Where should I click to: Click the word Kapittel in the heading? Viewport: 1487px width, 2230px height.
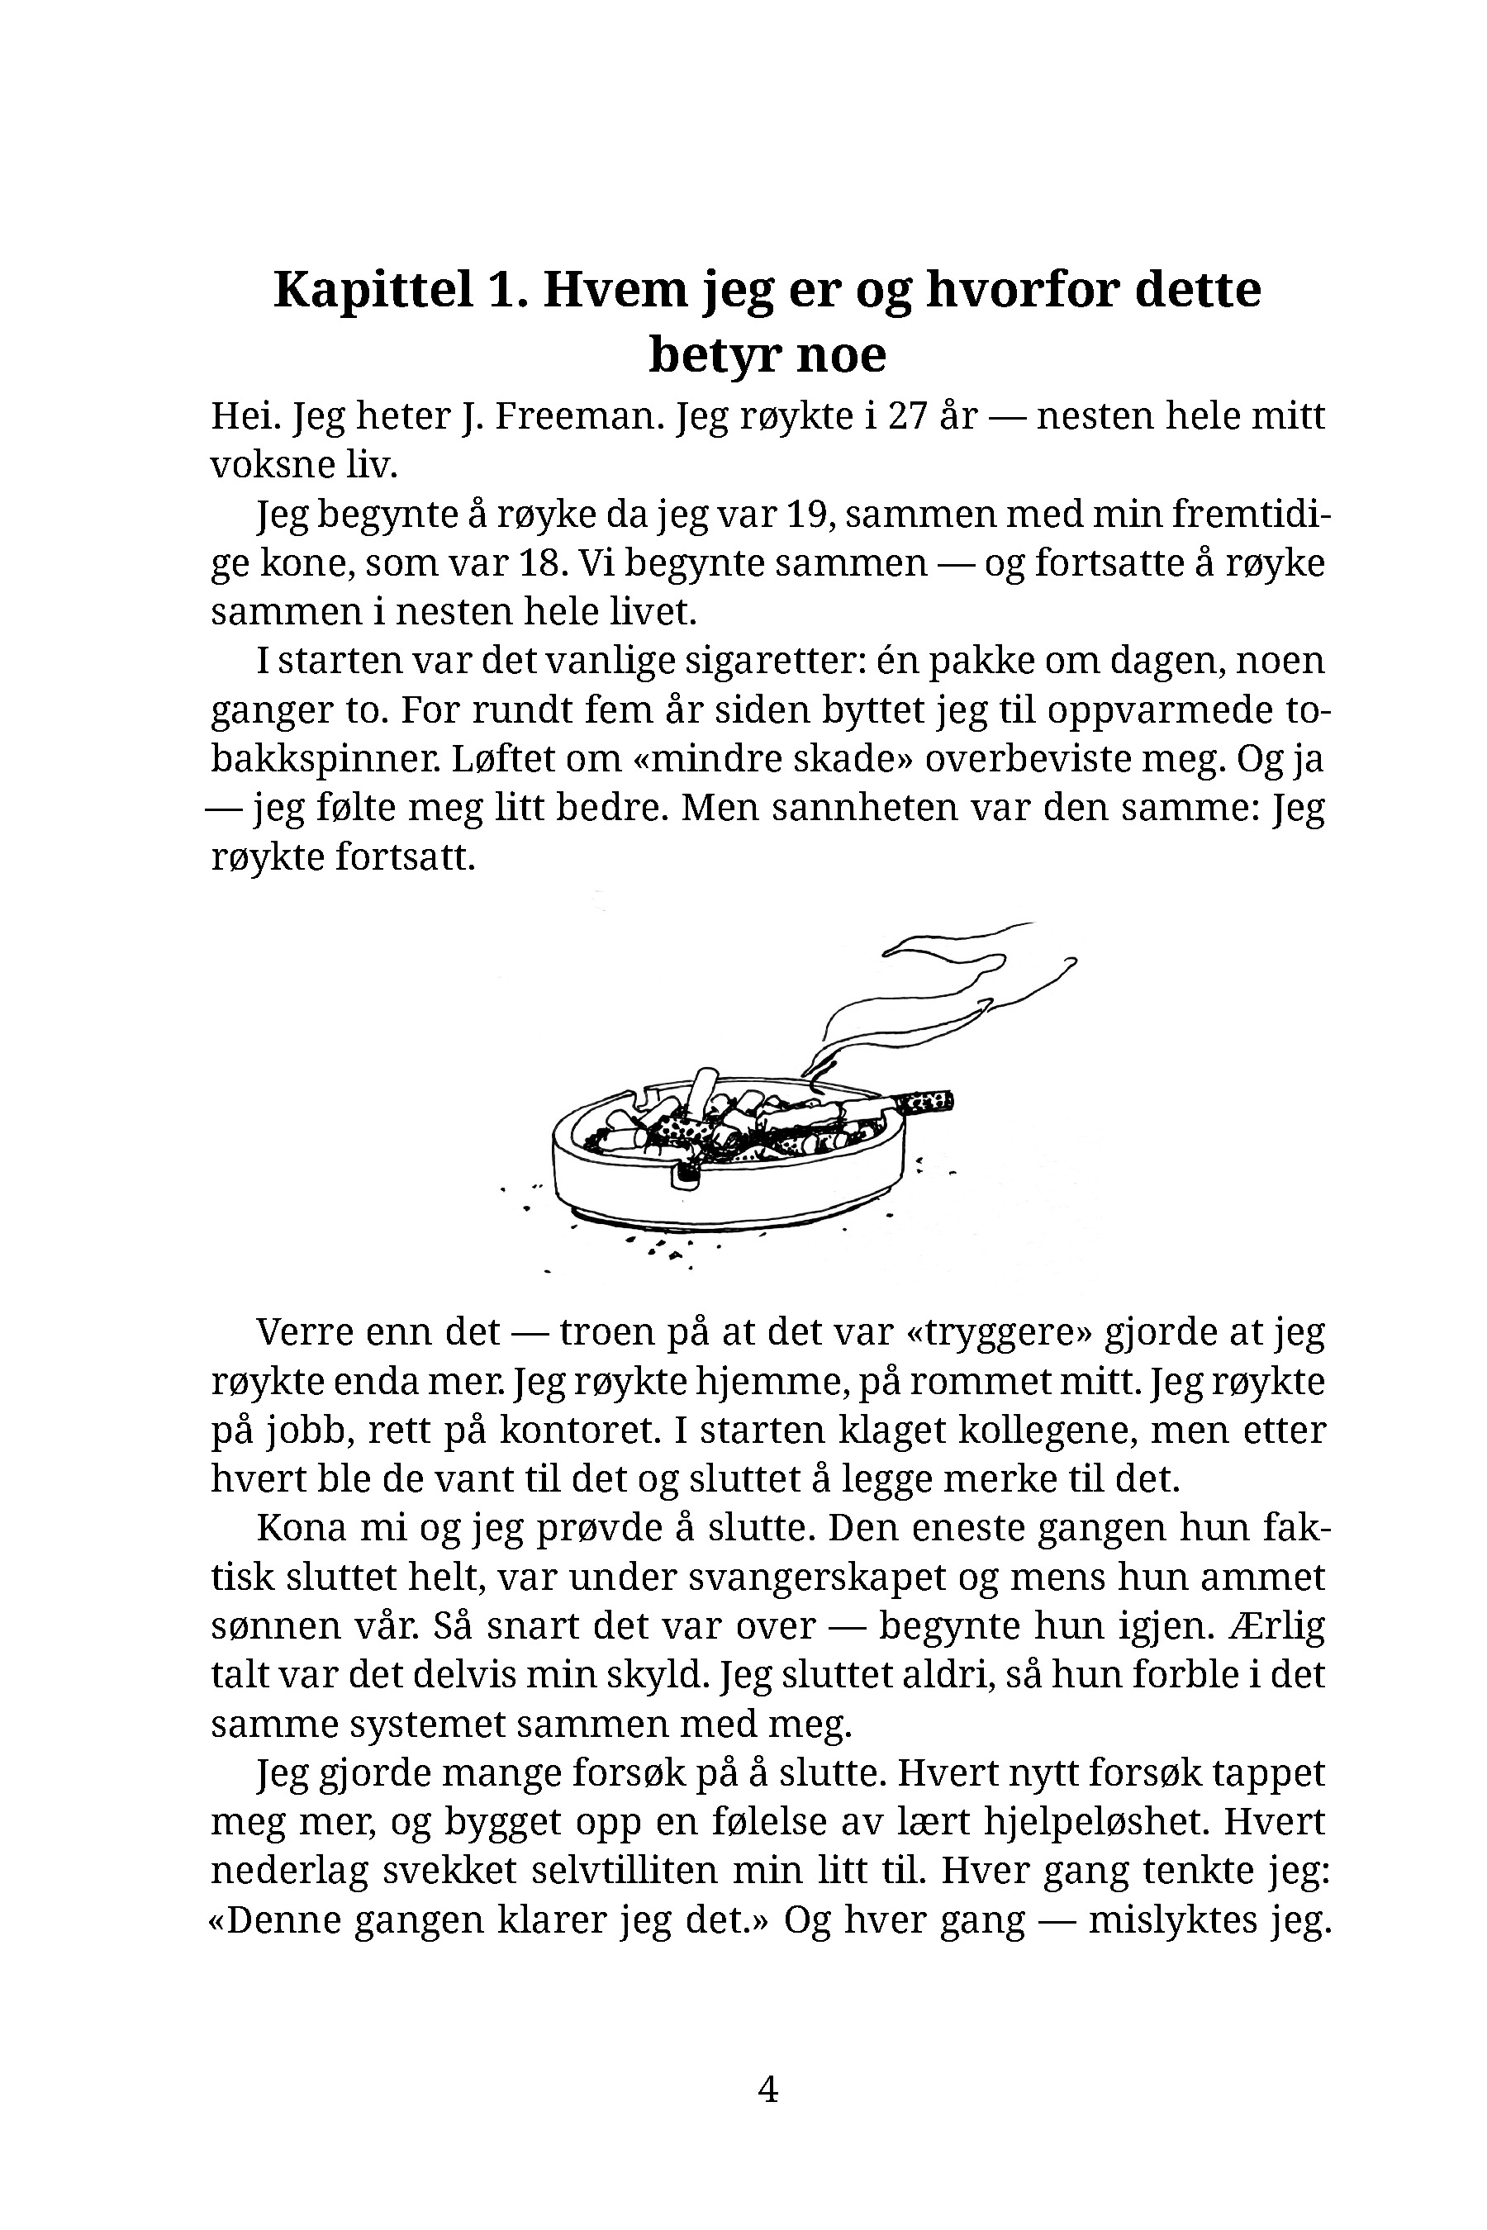point(373,289)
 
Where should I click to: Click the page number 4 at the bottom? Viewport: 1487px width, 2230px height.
point(768,2090)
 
